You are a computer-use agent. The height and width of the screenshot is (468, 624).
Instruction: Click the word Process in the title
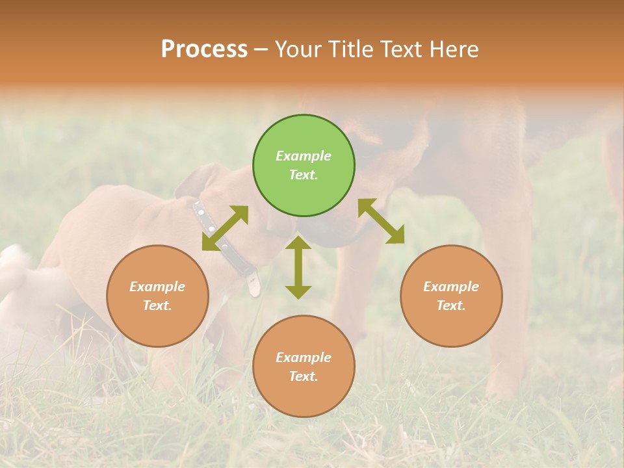point(204,49)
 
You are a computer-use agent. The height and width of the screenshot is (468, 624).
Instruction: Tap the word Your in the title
point(299,49)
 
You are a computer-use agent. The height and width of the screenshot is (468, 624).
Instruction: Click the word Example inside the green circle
point(304,156)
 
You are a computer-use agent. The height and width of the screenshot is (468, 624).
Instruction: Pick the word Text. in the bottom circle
point(304,376)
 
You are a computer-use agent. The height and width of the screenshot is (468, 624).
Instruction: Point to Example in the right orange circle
point(451,287)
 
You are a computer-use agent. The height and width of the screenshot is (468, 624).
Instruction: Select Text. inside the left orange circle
point(157,305)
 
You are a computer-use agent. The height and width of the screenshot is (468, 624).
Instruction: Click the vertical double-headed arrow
point(298,267)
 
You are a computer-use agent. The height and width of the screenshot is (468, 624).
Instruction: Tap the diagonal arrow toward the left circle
point(225,228)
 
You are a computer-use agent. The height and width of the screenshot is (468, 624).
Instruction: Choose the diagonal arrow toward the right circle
point(382,221)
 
